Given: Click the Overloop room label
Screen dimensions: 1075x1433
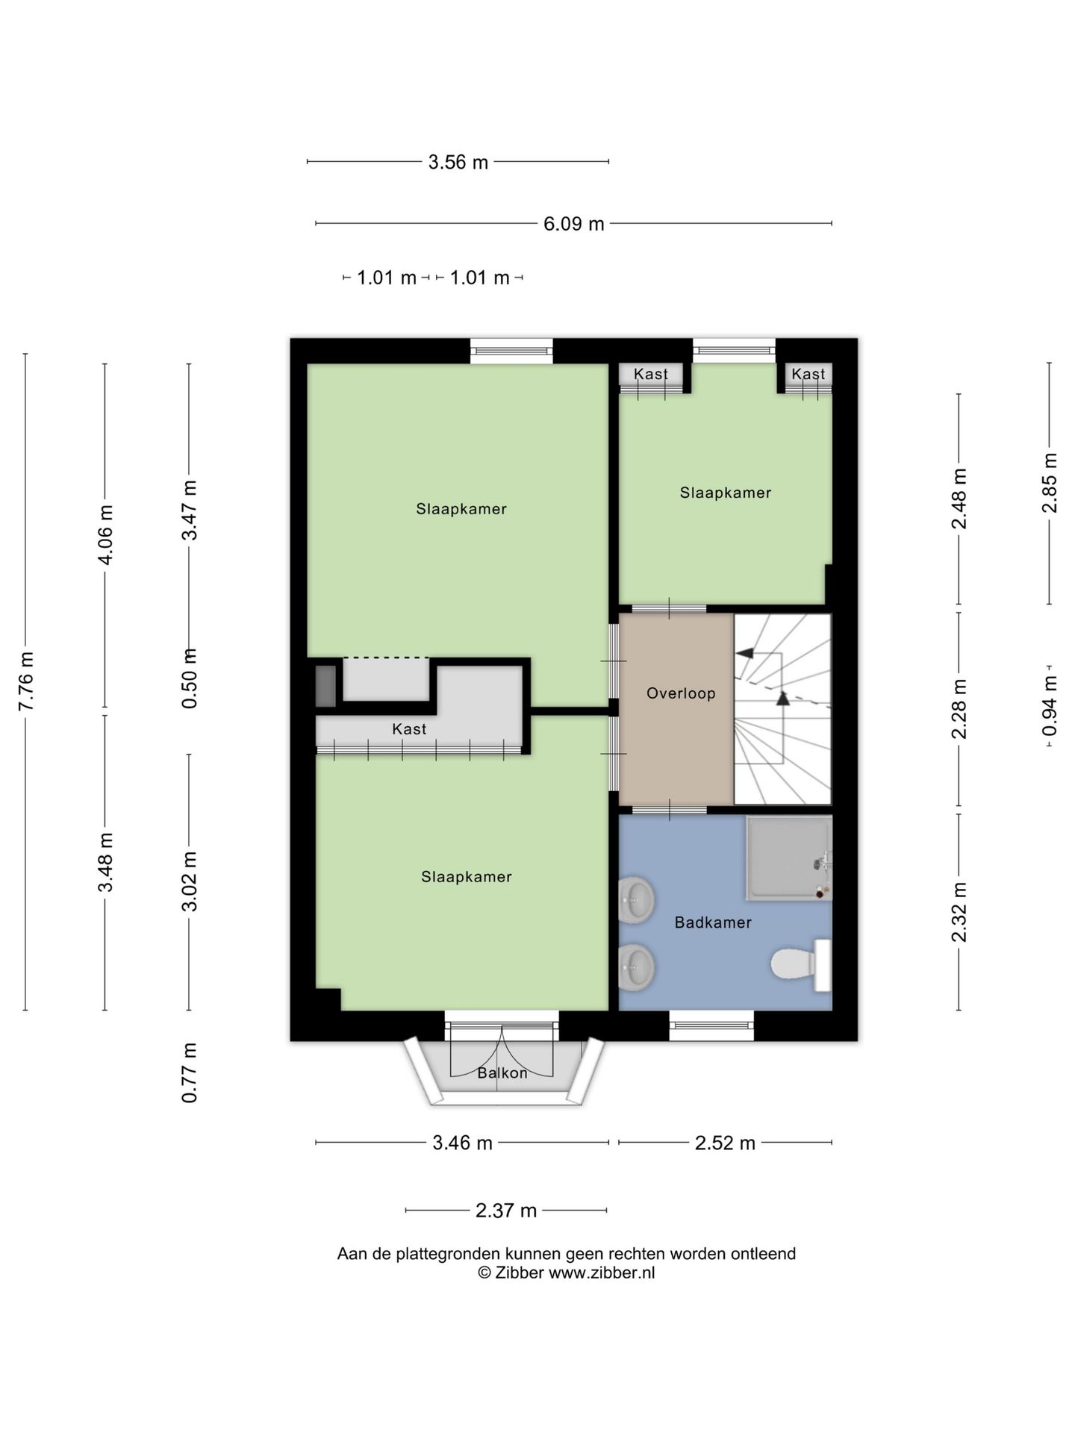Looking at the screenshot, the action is pyautogui.click(x=681, y=693).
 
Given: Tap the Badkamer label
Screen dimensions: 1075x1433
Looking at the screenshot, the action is pyautogui.click(x=713, y=922).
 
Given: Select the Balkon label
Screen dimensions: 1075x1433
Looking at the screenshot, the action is pyautogui.click(x=502, y=1073).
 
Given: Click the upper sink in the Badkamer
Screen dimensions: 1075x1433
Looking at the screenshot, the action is pyautogui.click(x=637, y=899).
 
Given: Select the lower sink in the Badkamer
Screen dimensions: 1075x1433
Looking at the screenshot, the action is pyautogui.click(x=637, y=967).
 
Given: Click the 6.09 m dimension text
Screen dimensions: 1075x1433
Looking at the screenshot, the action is pyautogui.click(x=573, y=224).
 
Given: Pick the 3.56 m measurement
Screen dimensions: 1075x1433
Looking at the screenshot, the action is pyautogui.click(x=458, y=162).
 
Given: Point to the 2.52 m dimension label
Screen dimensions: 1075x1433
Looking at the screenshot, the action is pyautogui.click(x=725, y=1143).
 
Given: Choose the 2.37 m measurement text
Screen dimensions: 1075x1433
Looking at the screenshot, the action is pyautogui.click(x=506, y=1211).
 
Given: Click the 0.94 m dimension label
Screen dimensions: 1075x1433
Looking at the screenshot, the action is pyautogui.click(x=1050, y=705).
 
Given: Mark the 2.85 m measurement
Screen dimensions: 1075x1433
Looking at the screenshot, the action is pyautogui.click(x=1050, y=483).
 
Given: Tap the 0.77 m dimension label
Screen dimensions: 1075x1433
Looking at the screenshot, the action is pyautogui.click(x=190, y=1073).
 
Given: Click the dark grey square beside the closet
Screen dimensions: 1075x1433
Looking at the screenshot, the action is pyautogui.click(x=325, y=686).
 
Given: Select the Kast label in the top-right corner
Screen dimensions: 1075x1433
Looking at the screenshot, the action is pyautogui.click(x=808, y=374).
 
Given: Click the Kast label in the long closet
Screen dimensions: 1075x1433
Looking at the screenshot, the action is pyautogui.click(x=409, y=729).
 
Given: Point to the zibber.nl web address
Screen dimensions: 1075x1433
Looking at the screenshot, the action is pyautogui.click(x=602, y=1273).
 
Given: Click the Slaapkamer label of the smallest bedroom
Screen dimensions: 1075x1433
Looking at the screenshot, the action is pyautogui.click(x=726, y=493).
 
